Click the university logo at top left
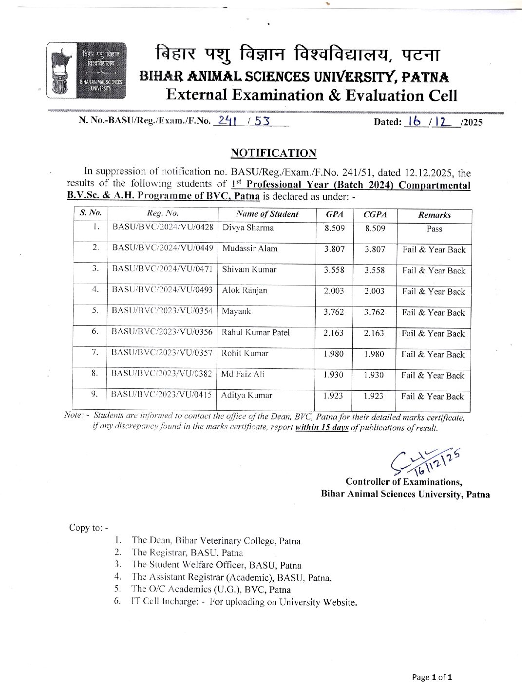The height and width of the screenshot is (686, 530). tap(86, 69)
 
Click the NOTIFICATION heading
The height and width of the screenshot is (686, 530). tap(273, 153)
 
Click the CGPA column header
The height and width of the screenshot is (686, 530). tap(375, 214)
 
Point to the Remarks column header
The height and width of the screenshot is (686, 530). tap(435, 215)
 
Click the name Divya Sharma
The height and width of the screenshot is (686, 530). tap(248, 228)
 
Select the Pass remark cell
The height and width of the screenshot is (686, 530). tap(434, 229)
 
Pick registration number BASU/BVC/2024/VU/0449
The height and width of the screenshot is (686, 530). tap(163, 248)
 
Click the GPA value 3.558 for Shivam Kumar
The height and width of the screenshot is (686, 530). tap(334, 270)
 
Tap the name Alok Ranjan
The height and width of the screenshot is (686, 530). tap(245, 290)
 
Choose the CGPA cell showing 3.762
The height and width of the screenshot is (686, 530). tap(374, 312)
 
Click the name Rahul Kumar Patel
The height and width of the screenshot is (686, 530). tap(256, 332)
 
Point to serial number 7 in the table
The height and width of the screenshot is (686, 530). tap(95, 352)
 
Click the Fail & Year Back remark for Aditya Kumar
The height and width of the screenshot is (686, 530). tap(433, 397)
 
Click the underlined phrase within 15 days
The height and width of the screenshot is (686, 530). tap(322, 428)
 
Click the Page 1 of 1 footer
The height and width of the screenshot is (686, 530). tap(432, 677)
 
